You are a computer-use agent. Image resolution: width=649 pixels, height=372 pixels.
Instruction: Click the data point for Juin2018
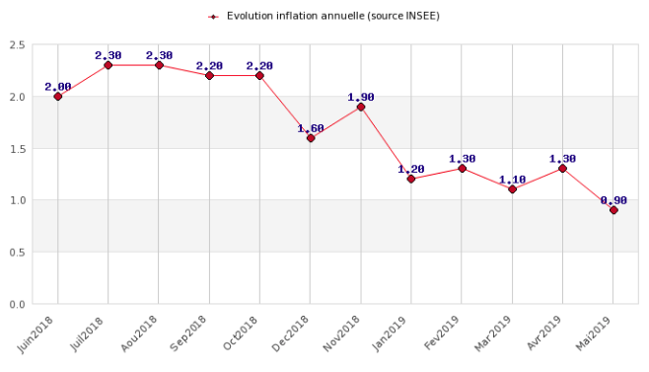click(x=58, y=97)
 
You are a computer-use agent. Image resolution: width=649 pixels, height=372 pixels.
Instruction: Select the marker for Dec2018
click(x=311, y=138)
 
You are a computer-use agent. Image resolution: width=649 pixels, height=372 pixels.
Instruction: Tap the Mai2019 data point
click(x=613, y=210)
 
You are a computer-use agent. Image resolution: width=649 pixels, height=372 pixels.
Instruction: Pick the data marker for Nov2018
click(x=361, y=107)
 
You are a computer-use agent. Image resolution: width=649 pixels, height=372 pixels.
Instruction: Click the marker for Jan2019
click(x=411, y=180)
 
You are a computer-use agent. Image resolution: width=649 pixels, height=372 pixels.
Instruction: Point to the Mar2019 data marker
click(x=512, y=189)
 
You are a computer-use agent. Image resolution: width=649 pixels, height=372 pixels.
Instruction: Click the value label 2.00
click(x=58, y=87)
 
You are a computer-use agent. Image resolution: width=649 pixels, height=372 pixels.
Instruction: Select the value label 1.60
click(x=311, y=128)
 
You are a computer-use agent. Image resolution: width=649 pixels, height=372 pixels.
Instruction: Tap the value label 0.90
click(x=613, y=200)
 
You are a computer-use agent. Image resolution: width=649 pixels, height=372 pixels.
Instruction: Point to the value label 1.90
click(x=361, y=97)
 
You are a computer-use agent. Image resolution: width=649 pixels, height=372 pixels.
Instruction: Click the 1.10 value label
click(x=512, y=180)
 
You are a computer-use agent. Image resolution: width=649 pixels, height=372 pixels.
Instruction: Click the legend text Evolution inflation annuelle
click(x=332, y=16)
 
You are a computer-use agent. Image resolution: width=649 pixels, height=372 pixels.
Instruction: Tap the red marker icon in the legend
click(x=213, y=17)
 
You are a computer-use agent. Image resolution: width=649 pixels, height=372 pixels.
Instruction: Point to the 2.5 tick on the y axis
click(x=17, y=45)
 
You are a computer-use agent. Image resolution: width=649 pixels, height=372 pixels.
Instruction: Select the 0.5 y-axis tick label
click(x=17, y=253)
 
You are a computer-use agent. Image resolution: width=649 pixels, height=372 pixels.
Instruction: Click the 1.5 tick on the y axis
click(x=17, y=149)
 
